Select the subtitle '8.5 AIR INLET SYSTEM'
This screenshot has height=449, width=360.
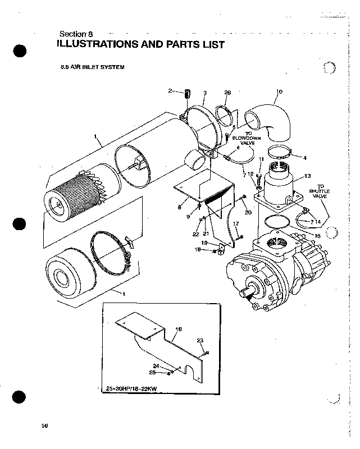92,67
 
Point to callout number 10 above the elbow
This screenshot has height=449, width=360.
279,91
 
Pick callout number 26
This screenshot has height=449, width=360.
227,92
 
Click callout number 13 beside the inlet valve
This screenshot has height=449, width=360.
307,176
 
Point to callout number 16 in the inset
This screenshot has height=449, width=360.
179,329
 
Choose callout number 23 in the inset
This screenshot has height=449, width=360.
199,341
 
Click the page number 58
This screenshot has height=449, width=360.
44,425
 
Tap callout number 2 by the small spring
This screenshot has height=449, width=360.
170,90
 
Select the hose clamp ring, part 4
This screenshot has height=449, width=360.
279,152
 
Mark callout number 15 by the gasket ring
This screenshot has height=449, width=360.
317,236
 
